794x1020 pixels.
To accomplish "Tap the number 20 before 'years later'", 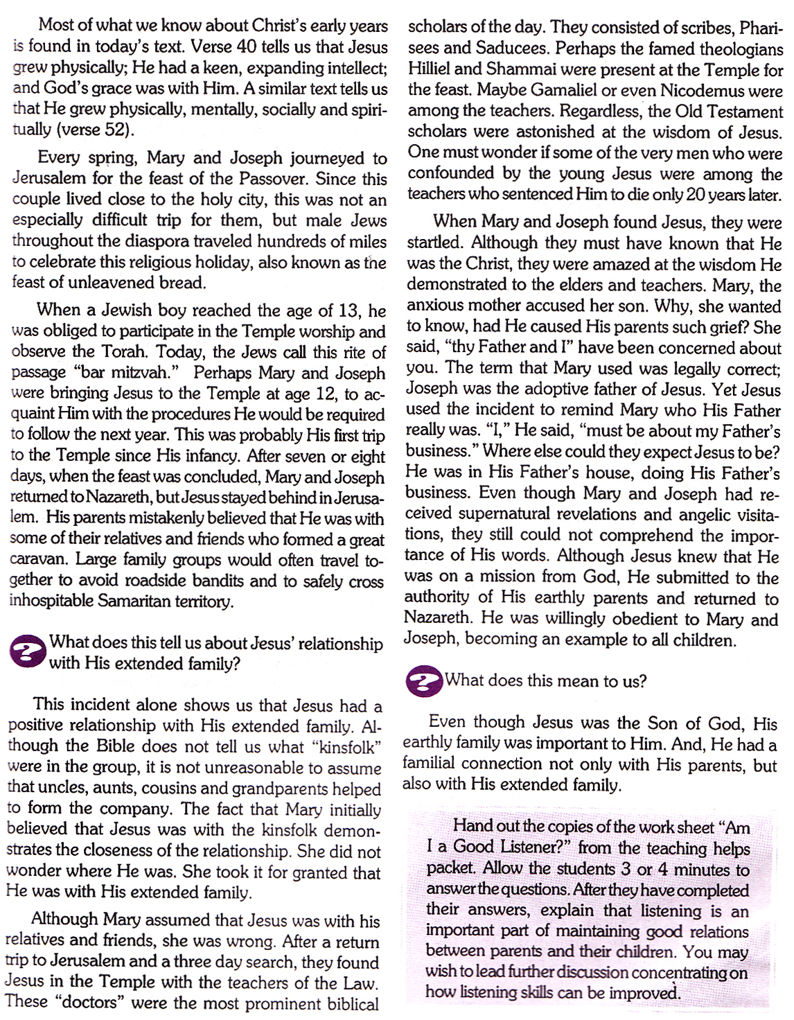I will coord(696,195).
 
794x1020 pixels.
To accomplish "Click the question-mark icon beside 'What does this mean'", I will coord(423,681).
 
